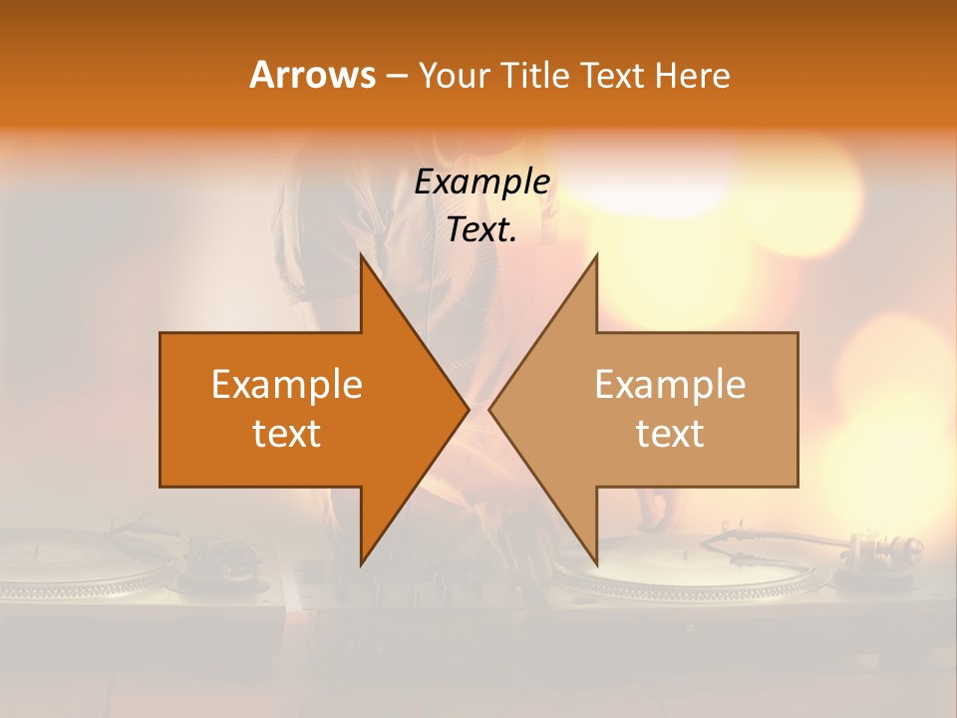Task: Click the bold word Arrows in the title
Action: click(312, 75)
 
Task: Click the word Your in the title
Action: click(454, 75)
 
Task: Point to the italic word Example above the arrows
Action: click(482, 182)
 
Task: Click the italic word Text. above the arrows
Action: click(482, 230)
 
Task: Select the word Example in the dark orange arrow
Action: click(287, 385)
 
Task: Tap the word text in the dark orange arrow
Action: click(287, 434)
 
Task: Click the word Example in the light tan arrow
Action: click(670, 385)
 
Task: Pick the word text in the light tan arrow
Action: click(670, 434)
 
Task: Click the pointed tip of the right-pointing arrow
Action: click(468, 409)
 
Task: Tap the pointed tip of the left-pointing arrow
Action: click(490, 409)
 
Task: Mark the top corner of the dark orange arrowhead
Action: click(362, 256)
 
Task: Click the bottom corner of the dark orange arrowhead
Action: click(362, 562)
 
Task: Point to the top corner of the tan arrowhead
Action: click(596, 256)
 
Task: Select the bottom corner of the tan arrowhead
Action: click(596, 562)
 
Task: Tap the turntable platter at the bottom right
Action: click(688, 568)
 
